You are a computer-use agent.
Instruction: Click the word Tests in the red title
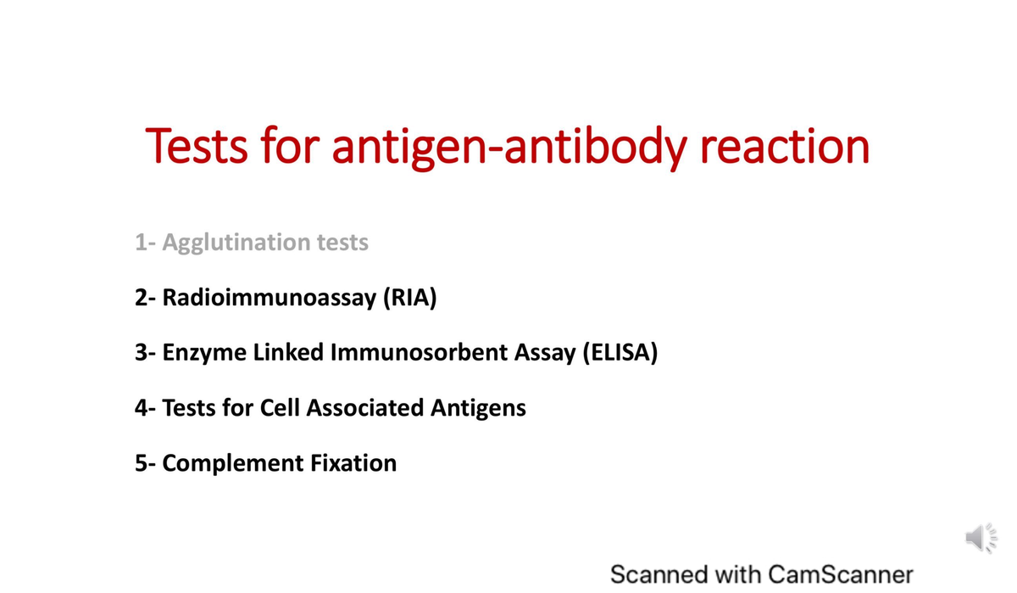197,145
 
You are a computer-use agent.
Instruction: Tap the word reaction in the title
785,146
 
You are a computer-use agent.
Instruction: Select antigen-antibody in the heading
509,148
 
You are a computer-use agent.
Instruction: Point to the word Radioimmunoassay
270,297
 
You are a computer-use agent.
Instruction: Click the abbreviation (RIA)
410,298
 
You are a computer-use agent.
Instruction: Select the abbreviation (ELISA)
620,353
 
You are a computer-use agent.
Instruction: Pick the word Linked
288,352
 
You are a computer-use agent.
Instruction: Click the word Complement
233,464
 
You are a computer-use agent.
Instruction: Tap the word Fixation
353,463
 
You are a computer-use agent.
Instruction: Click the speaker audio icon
981,538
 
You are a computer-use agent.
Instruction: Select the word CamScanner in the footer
841,574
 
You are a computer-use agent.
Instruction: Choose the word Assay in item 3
545,354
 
